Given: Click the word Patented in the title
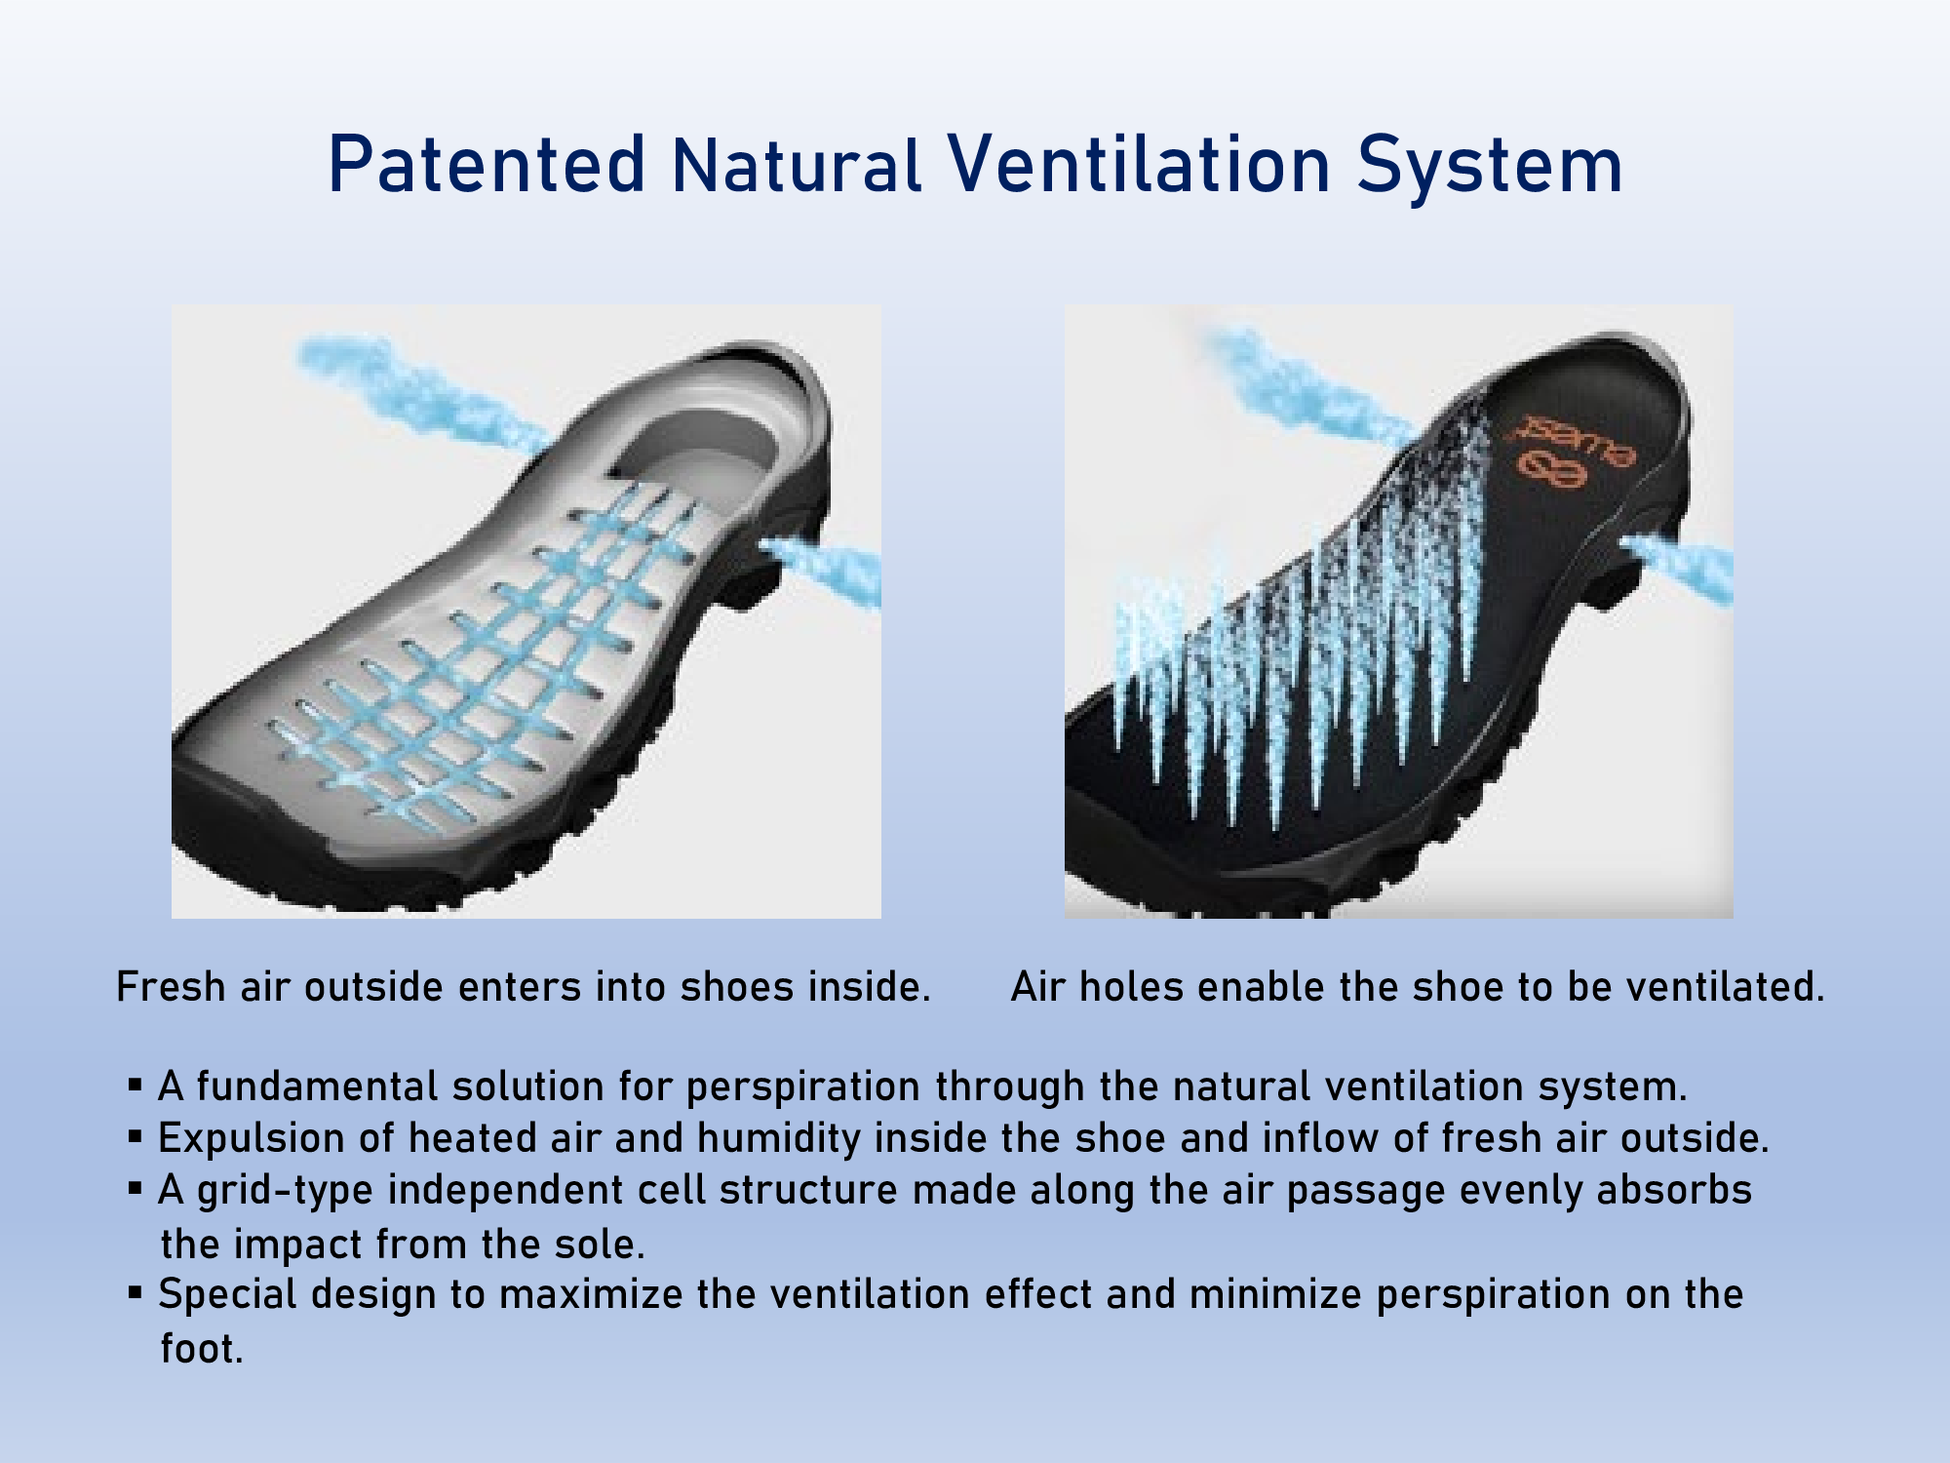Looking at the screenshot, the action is pos(487,164).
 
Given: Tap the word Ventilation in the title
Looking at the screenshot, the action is pos(1138,164).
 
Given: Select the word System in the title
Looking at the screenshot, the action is pos(1490,168).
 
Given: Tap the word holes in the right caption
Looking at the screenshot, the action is pos(1132,986).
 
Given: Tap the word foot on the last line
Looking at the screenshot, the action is pos(199,1348).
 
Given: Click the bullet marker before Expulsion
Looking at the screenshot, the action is pos(136,1136).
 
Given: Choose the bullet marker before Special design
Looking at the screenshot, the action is pos(136,1292).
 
